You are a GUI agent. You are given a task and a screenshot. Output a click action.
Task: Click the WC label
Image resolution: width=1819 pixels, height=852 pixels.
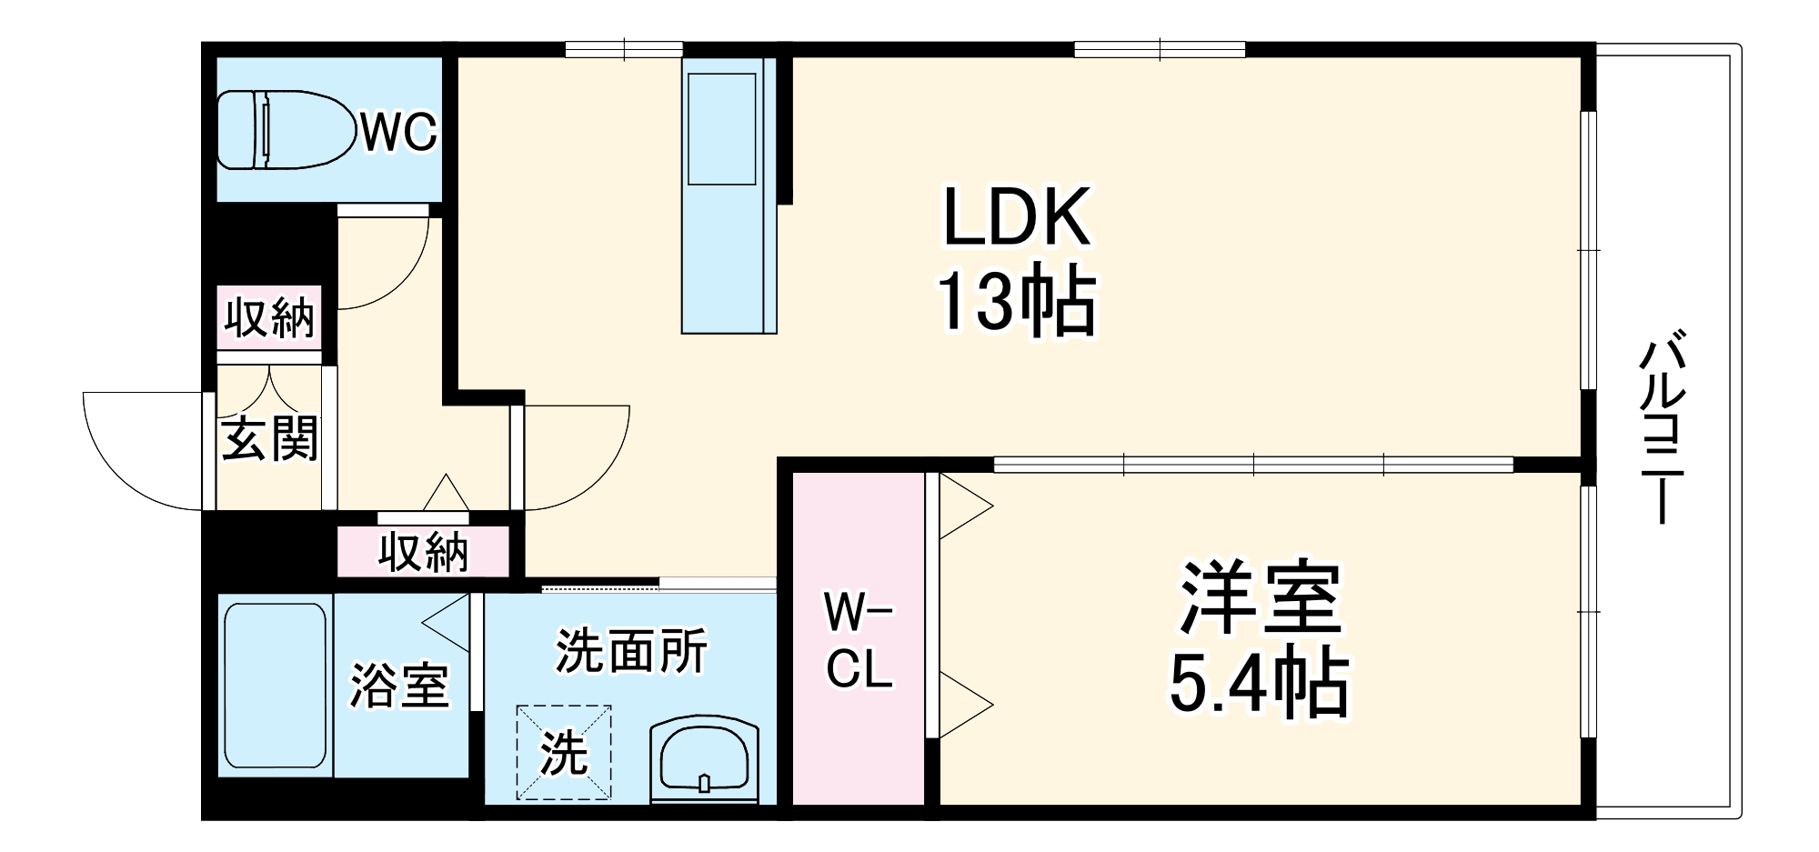(x=399, y=134)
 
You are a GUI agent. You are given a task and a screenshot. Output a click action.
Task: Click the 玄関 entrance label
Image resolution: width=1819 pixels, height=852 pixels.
(x=270, y=438)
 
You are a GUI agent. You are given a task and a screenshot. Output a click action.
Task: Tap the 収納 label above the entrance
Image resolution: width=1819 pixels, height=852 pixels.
(x=270, y=318)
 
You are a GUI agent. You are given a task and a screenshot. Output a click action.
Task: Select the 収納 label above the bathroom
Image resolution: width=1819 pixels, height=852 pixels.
(x=424, y=552)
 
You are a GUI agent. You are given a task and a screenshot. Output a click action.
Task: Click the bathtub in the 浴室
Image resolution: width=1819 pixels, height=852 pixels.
(x=275, y=686)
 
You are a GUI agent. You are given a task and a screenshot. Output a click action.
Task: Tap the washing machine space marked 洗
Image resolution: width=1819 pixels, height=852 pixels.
(x=564, y=752)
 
